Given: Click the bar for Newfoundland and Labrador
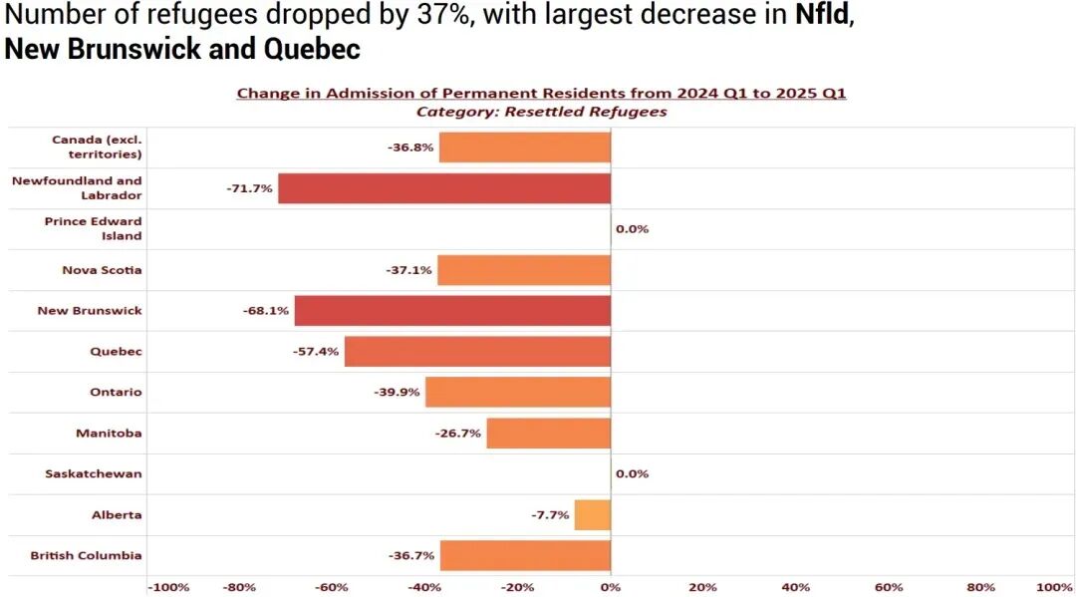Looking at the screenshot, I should pos(443,188).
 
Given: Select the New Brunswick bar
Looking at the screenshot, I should pos(452,311).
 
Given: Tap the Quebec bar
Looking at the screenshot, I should pos(477,352).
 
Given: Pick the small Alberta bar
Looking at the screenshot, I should pos(593,515).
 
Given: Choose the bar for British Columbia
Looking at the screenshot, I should pos(525,555).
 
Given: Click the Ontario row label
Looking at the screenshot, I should pos(116,393).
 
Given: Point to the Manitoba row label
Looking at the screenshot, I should pos(109,434).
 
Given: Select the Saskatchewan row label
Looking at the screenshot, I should pos(94,474).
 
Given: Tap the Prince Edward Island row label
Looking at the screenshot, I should pos(94,229).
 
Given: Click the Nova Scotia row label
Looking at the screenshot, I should pos(102,270).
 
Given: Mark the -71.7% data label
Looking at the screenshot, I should pos(249,188).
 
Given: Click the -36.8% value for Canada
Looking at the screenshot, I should pos(410,148).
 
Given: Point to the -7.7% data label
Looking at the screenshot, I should pos(550,515).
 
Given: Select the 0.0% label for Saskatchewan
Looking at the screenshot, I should pos(632,474).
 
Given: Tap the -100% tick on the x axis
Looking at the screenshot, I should pos(168,587).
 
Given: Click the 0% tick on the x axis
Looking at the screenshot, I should pos(611,587).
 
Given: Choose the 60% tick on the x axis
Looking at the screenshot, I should pos(889,587).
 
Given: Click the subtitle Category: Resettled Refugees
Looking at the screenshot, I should pos(541,112).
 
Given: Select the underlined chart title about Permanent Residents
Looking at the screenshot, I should pos(541,94).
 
